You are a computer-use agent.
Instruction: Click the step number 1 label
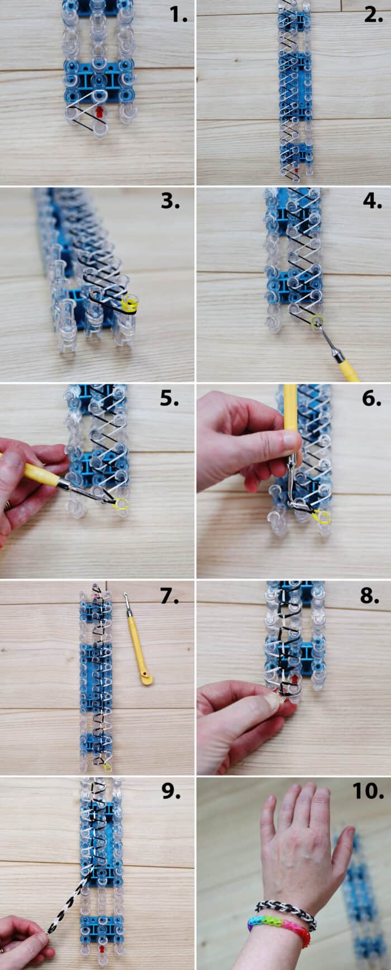click(x=178, y=15)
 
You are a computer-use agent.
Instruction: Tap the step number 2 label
click(x=373, y=15)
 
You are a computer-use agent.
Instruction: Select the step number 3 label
click(x=170, y=201)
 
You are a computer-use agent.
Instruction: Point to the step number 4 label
click(x=372, y=201)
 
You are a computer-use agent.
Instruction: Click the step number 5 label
click(x=169, y=398)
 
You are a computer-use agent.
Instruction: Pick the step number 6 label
click(x=371, y=398)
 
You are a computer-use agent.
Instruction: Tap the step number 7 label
click(x=169, y=596)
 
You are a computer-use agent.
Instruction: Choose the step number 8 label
click(x=370, y=596)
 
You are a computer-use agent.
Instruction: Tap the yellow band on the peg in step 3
click(x=131, y=304)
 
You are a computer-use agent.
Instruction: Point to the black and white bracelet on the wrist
click(x=285, y=909)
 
